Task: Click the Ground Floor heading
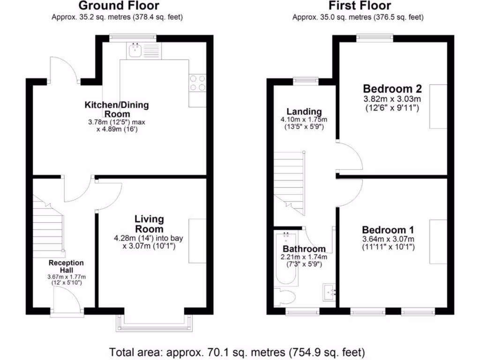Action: click(118, 6)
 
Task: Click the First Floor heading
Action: click(360, 6)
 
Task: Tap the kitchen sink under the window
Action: click(136, 50)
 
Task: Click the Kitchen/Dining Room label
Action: click(116, 109)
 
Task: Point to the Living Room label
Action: click(149, 224)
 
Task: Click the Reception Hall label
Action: click(66, 267)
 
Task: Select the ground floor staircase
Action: click(48, 225)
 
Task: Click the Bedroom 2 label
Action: click(392, 89)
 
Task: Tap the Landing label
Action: click(304, 112)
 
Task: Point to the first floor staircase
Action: click(289, 178)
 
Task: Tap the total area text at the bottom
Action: click(237, 351)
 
